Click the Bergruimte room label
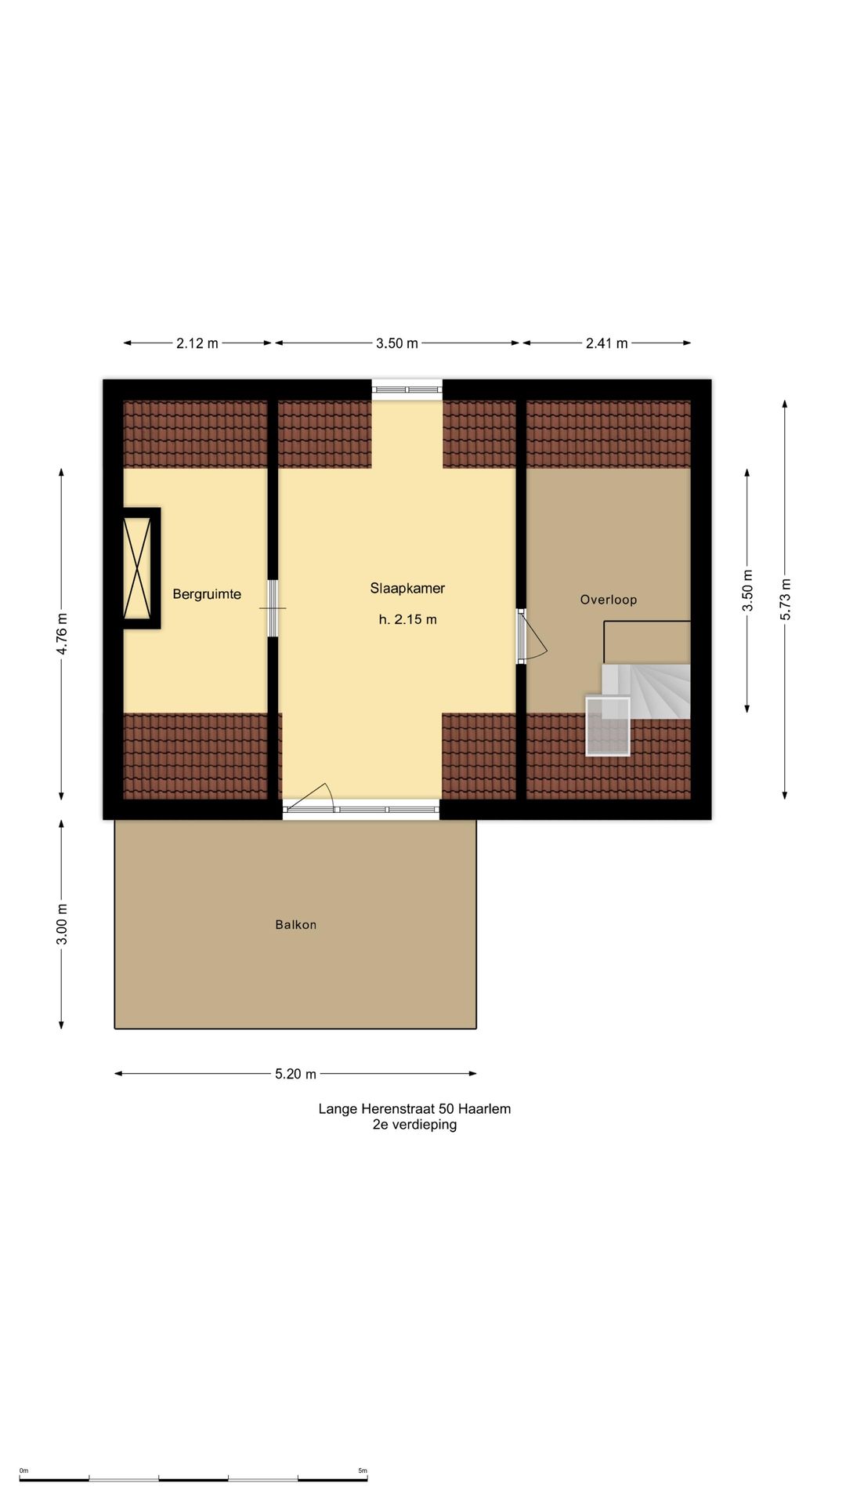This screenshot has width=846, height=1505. tap(207, 594)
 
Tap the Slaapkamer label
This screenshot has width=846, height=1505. tap(407, 589)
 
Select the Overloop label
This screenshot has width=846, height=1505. tap(609, 600)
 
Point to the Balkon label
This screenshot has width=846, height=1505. tap(296, 925)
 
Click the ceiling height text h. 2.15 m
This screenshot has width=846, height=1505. tap(407, 619)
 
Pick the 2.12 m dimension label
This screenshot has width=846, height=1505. tap(197, 343)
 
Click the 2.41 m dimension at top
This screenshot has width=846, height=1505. tap(607, 343)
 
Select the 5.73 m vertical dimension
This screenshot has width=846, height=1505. tap(786, 600)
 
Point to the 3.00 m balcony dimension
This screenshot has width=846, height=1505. tap(63, 924)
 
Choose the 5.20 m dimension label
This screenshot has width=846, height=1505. tap(296, 1074)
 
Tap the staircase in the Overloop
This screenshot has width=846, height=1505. tap(646, 691)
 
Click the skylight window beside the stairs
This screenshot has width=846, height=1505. tap(608, 726)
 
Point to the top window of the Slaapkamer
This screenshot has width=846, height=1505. tap(407, 387)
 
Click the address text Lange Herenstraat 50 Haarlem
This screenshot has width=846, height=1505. tap(414, 1109)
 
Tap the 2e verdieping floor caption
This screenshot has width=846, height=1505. tap(414, 1125)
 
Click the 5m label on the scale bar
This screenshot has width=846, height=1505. tap(363, 1471)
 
